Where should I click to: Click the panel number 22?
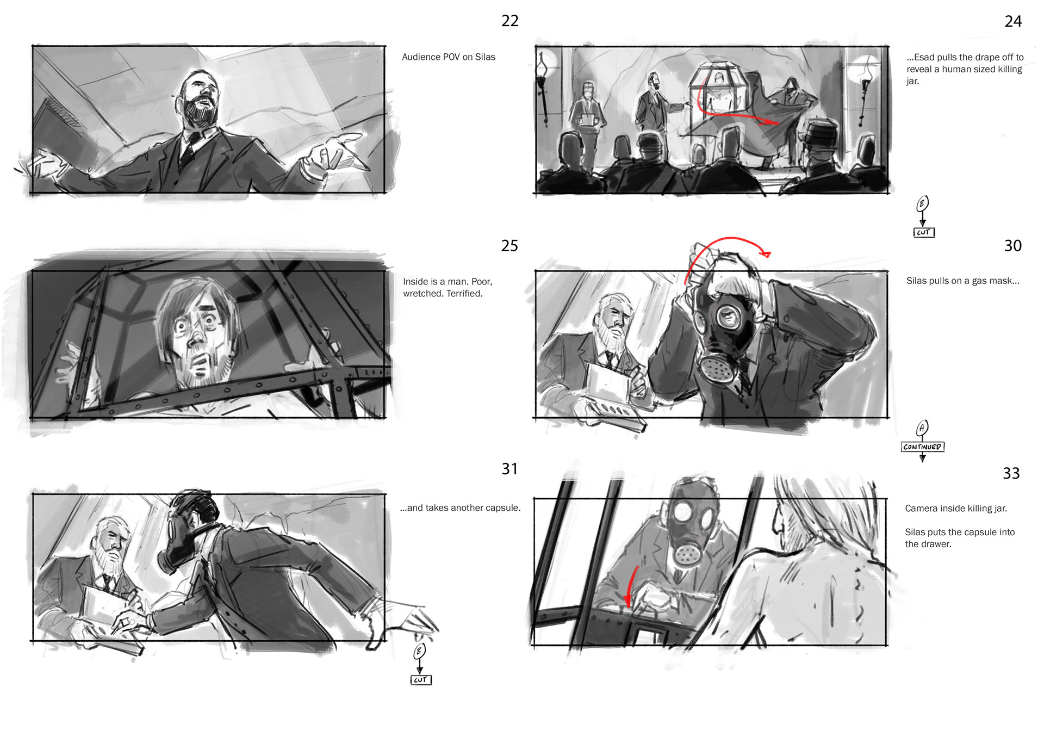[x=509, y=21]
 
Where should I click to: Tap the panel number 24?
[x=1013, y=21]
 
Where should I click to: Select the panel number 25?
[x=509, y=246]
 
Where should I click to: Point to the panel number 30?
[x=1012, y=246]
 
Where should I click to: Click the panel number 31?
[x=509, y=469]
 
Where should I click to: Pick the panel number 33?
[x=1011, y=473]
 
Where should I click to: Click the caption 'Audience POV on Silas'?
[x=449, y=57]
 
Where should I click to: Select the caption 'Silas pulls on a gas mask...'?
[x=962, y=281]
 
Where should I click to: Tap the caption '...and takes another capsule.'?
[x=460, y=508]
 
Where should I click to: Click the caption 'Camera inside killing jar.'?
[x=956, y=509]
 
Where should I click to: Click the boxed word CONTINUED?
[x=922, y=447]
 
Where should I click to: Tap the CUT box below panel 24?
[x=924, y=232]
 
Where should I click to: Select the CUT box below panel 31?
[x=421, y=680]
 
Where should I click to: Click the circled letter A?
[x=922, y=428]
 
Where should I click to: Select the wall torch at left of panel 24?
[x=542, y=87]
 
